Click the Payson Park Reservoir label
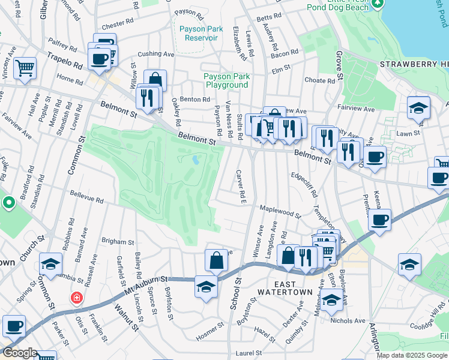(x=201, y=33)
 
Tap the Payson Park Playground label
(x=226, y=80)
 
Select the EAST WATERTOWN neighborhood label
(x=285, y=288)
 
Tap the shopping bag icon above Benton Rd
(x=155, y=80)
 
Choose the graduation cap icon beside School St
(x=205, y=286)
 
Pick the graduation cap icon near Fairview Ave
(x=418, y=107)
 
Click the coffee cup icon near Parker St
(x=14, y=325)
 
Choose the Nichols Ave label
(x=348, y=321)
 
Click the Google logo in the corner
(x=19, y=353)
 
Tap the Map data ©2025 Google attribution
(x=411, y=355)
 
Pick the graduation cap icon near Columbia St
(x=50, y=263)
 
